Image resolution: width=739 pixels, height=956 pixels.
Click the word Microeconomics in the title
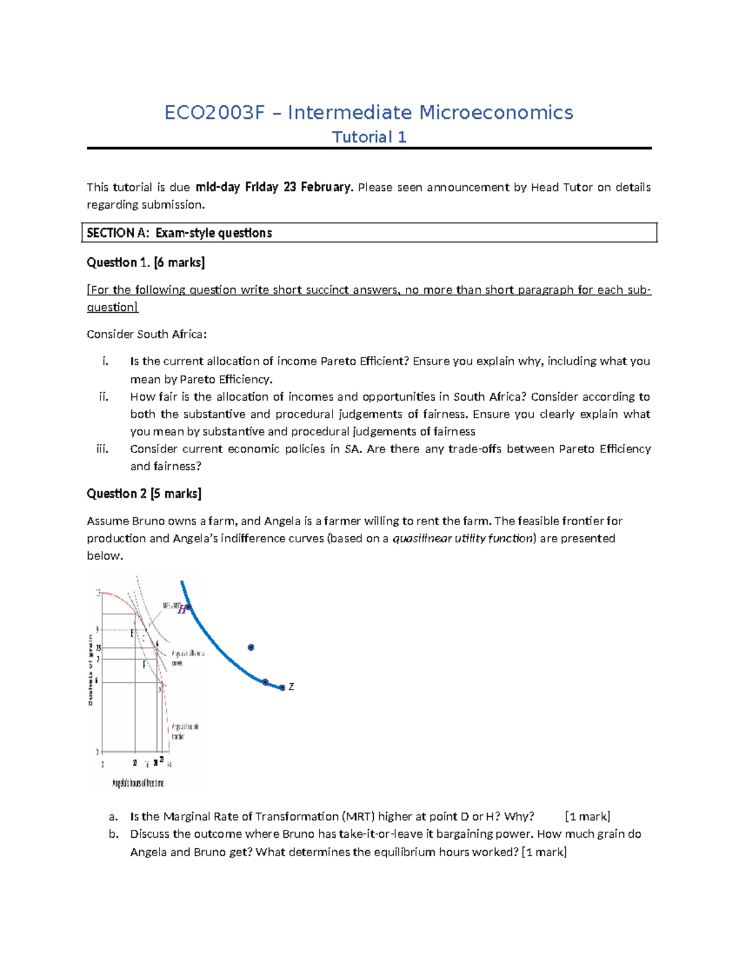[496, 113]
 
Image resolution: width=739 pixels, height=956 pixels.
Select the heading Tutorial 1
[369, 137]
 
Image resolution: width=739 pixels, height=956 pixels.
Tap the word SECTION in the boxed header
[110, 233]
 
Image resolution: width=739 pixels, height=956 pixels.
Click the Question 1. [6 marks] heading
[145, 263]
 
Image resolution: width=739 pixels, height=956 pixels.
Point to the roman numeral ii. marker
[103, 397]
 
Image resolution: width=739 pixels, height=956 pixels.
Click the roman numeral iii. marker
[103, 449]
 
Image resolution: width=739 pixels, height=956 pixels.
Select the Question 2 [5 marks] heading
[143, 494]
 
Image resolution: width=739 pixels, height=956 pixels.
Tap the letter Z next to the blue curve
[291, 687]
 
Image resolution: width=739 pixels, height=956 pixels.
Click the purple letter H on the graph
[182, 610]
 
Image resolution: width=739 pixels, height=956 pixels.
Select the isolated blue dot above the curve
[251, 648]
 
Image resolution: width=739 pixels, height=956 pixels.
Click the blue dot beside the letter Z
[282, 688]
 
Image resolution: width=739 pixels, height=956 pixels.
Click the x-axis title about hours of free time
[138, 783]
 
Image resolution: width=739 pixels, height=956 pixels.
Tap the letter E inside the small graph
[132, 633]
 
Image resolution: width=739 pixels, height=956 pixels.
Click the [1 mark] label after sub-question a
[587, 817]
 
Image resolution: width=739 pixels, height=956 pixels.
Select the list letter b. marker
[113, 834]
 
